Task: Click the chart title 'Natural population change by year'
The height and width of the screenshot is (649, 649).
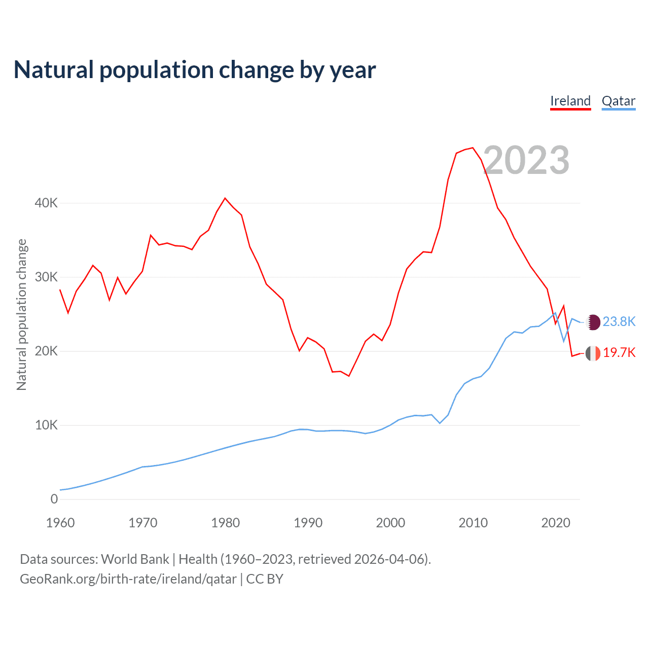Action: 195,70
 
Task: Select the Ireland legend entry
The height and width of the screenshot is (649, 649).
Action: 570,101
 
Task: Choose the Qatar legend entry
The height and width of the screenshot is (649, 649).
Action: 618,101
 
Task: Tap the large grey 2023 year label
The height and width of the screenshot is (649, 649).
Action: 526,160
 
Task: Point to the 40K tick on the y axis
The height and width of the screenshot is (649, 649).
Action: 46,203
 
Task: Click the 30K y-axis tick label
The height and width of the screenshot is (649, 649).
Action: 46,277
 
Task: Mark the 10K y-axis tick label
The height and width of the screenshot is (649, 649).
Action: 46,425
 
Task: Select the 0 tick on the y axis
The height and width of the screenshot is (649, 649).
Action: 54,499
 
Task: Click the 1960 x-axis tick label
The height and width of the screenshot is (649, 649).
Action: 60,523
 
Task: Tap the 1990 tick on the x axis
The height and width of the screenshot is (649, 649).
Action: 308,523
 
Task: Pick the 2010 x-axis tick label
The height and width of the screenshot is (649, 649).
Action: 473,523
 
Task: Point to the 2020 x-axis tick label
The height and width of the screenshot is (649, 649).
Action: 556,523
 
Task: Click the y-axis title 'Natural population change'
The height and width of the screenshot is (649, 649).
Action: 22,315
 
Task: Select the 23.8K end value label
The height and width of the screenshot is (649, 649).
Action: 619,322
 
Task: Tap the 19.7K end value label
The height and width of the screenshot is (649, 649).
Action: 619,353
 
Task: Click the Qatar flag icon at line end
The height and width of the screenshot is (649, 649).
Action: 593,322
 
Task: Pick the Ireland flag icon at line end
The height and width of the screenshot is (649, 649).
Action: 593,353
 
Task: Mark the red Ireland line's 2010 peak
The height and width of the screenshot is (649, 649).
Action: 473,148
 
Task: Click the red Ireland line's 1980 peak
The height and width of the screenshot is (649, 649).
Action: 225,198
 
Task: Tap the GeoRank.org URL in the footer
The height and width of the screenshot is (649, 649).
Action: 128,579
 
